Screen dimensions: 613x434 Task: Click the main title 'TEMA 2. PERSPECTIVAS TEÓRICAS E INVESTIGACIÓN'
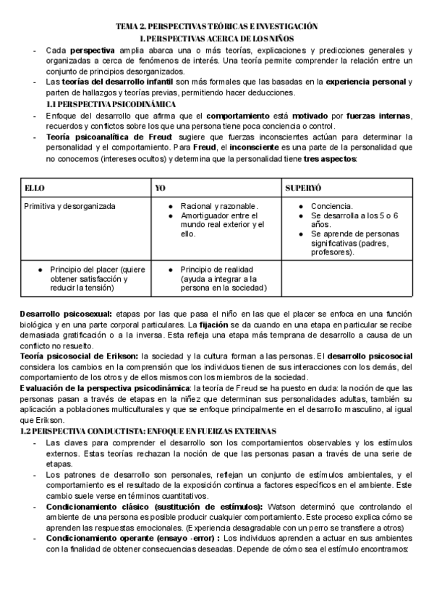click(x=217, y=26)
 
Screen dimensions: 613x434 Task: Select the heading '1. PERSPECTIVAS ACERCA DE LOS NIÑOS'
click(x=217, y=38)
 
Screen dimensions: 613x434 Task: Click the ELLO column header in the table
click(x=35, y=187)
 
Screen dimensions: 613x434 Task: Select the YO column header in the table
click(x=161, y=187)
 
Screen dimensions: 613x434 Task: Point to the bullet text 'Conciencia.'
click(x=331, y=206)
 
